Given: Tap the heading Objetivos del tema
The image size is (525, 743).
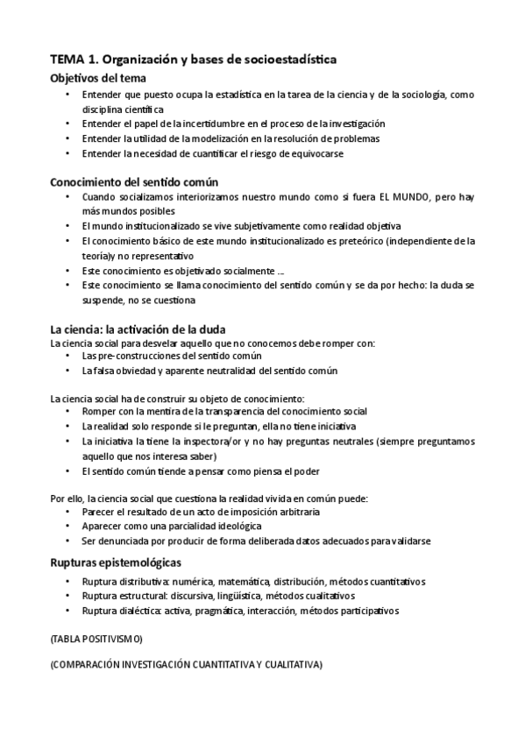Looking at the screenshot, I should pos(92,77).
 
